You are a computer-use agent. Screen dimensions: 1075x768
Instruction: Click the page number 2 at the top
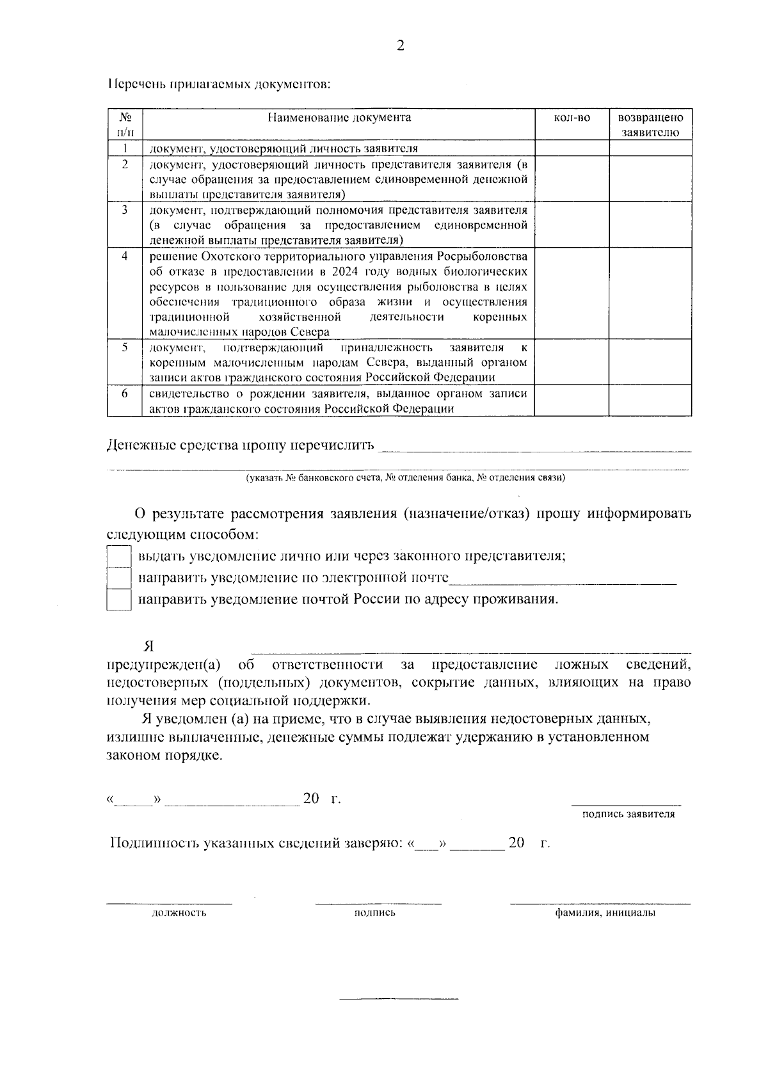coord(401,45)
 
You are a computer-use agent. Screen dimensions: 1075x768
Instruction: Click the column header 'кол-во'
coord(571,118)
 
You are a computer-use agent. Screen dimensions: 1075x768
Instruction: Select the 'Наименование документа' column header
coord(339,118)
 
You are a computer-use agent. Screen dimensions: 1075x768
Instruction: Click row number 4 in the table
coord(125,256)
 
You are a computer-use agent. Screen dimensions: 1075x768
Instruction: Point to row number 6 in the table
coord(125,394)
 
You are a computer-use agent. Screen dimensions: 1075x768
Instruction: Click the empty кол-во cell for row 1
coord(571,148)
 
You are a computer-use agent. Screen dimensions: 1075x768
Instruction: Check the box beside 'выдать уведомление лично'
coord(119,555)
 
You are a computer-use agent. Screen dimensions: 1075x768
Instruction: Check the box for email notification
coord(119,578)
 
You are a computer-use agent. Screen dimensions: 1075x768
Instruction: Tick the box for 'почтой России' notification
coord(119,600)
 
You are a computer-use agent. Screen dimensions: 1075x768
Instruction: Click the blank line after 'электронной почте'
coord(563,580)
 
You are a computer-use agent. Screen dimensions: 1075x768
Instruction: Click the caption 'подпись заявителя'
coord(628,815)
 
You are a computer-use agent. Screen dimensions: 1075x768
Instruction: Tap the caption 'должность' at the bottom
coord(179,912)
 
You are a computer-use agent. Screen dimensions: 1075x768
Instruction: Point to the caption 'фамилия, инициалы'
coord(605,912)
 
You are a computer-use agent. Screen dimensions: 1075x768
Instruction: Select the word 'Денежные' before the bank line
coord(137,445)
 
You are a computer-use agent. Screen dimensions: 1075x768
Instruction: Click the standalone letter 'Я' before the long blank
coord(148,646)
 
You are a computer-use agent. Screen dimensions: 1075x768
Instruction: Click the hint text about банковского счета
coord(405,478)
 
